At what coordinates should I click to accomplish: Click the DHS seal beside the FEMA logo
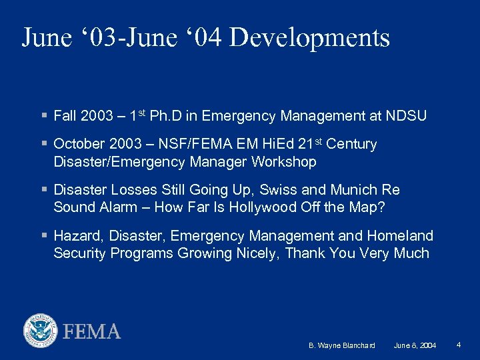[41, 331]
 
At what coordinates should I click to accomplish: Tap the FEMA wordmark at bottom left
[92, 331]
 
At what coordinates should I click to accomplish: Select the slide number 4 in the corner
[459, 345]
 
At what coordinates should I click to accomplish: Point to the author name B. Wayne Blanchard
[342, 345]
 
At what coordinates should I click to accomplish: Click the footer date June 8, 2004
[415, 345]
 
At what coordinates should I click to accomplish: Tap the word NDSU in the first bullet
[406, 116]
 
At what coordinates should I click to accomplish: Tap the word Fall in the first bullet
[65, 116]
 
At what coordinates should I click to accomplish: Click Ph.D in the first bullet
[166, 116]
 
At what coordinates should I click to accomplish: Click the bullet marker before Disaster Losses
[43, 190]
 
